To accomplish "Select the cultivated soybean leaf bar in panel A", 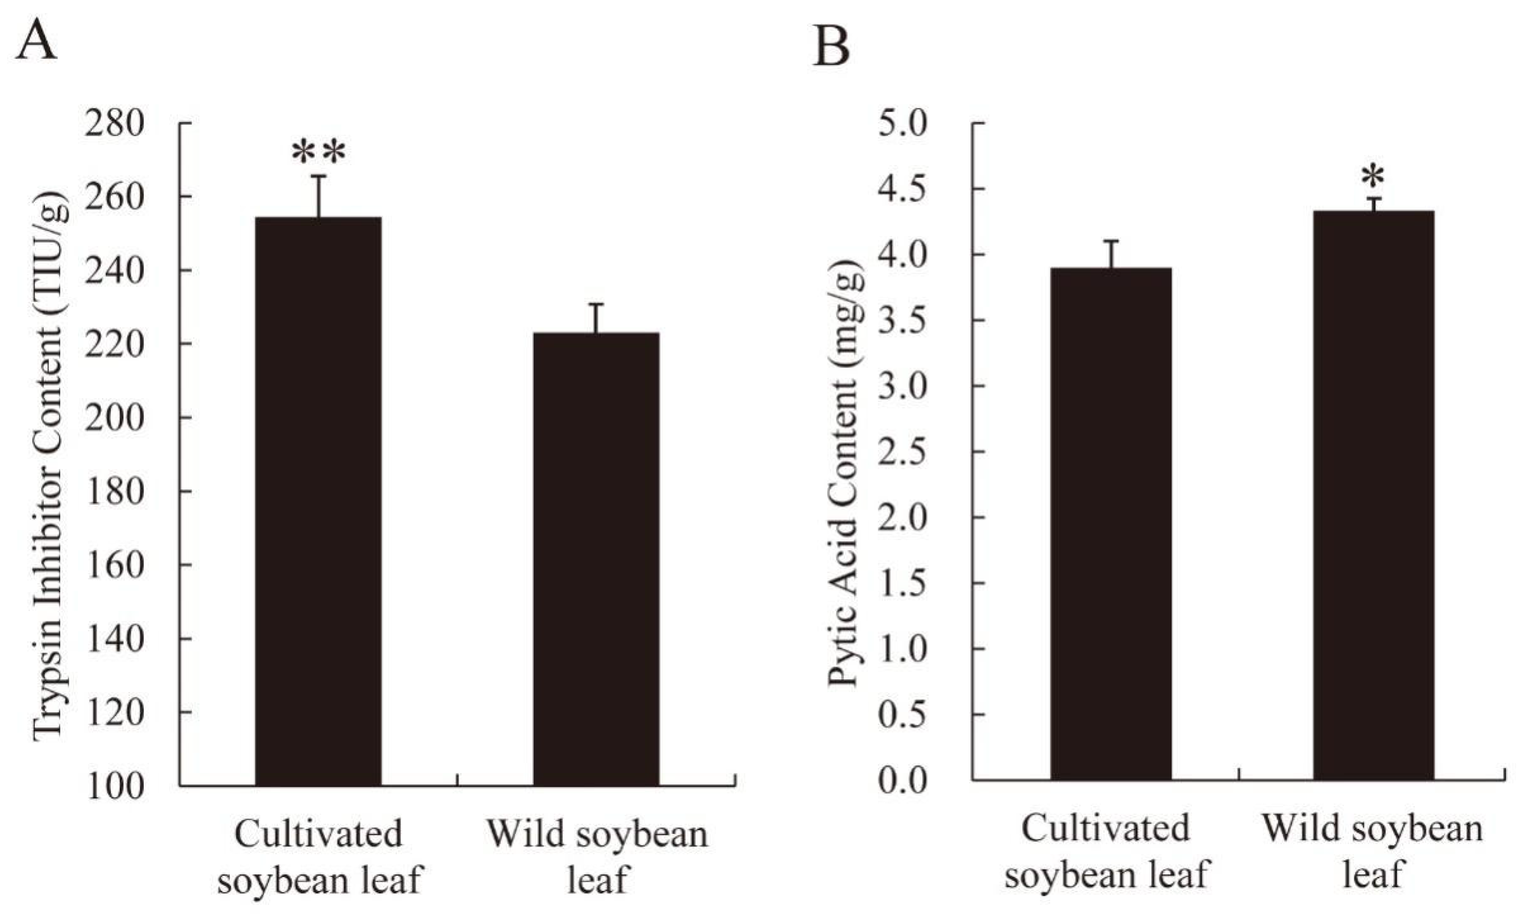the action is tap(318, 501).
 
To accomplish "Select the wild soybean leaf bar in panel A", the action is tap(596, 559).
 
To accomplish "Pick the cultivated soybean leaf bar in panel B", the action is tap(1111, 524).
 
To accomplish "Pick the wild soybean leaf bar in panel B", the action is tap(1374, 495).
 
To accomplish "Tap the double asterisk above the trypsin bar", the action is tap(318, 153).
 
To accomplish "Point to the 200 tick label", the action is tap(115, 418).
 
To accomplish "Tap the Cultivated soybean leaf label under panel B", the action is tap(1106, 851).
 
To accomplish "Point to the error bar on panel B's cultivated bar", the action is tap(1111, 254).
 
